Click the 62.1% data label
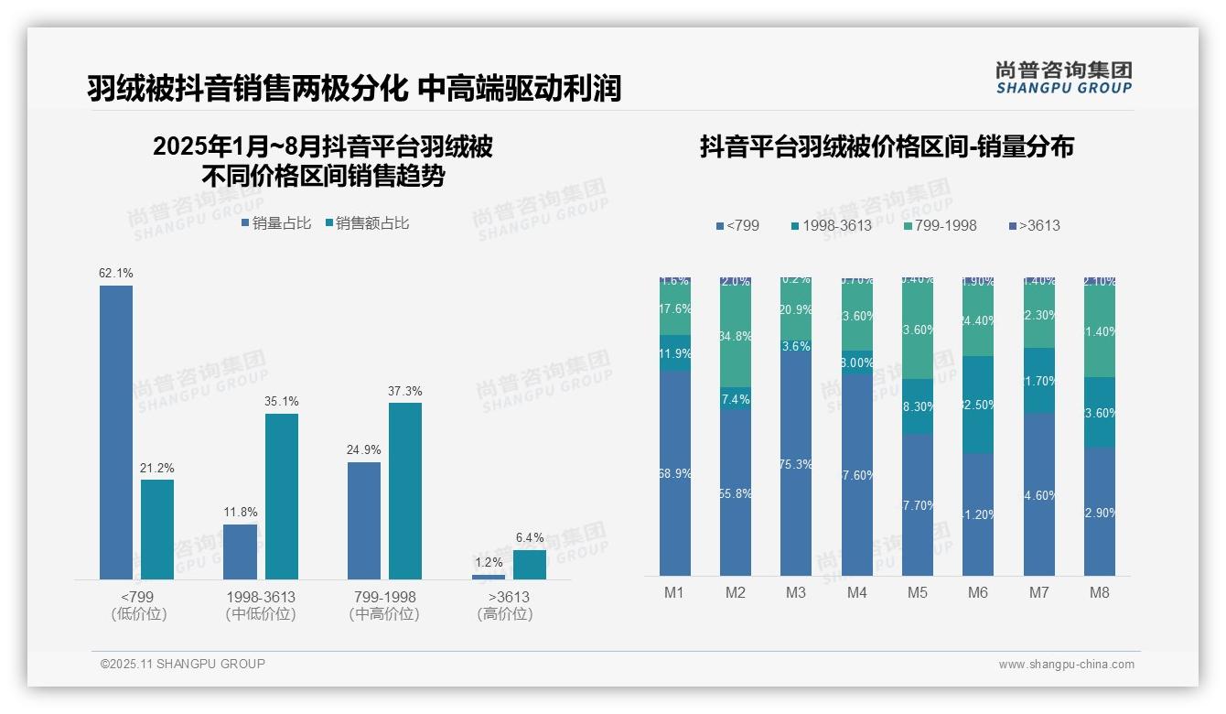[116, 273]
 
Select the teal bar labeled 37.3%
[405, 491]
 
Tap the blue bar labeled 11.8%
[241, 552]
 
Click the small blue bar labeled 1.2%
[489, 577]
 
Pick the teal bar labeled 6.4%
[530, 565]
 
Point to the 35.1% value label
[282, 401]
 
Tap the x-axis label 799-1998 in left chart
[384, 597]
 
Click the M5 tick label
[918, 592]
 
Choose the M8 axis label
[1100, 592]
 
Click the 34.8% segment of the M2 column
[736, 336]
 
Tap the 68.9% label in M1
[675, 473]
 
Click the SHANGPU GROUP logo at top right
[1064, 77]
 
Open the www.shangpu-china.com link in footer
[1066, 665]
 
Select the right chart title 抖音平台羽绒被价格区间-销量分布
[887, 146]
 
